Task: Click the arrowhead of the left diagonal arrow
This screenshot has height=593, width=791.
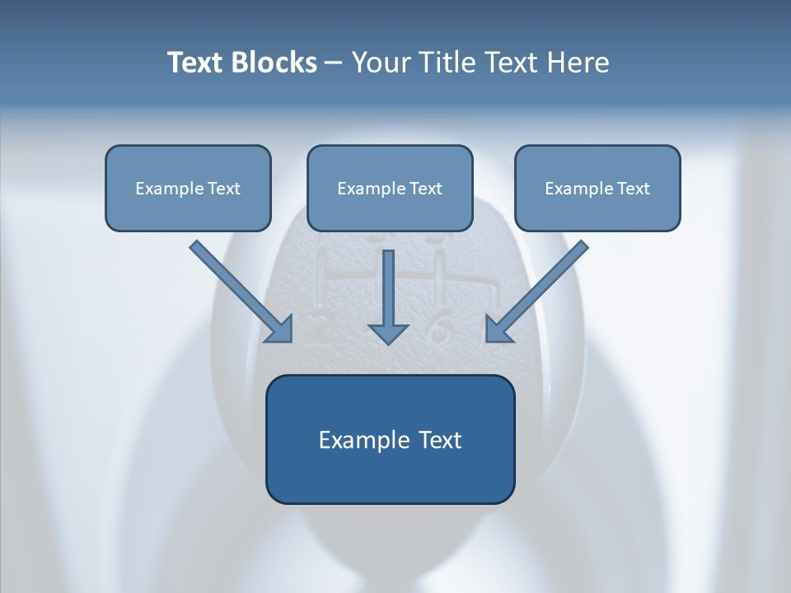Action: pos(280,329)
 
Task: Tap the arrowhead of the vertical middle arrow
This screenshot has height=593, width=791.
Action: pos(388,334)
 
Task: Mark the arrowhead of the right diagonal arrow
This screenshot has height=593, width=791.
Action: pos(498,329)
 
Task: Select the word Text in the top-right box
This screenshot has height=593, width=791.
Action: pos(634,189)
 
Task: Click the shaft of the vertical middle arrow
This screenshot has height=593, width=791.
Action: pos(388,284)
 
